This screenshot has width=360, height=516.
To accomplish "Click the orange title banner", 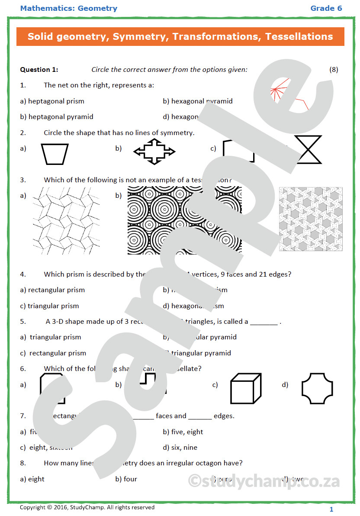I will pos(180,36).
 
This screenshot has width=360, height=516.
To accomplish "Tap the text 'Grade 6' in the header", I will pos(326,8).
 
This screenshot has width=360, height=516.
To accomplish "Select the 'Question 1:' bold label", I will pos(39,69).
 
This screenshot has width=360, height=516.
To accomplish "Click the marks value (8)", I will pos(334,69).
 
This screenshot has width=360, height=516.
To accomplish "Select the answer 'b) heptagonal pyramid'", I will pos(57,116).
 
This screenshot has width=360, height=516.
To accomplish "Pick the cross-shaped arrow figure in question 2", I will pos(154,151).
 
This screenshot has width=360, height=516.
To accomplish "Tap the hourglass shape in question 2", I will pos(308,150).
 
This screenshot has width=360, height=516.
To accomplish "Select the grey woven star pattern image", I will pos(311,219).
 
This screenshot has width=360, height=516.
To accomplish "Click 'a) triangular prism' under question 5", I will pos(51,337).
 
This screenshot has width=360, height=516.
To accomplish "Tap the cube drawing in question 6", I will pos(245,388).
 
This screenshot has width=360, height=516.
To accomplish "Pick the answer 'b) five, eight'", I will pos(183,432).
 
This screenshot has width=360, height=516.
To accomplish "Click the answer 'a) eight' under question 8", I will pos(32,479).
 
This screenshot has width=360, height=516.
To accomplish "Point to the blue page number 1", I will pos(331,510).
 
